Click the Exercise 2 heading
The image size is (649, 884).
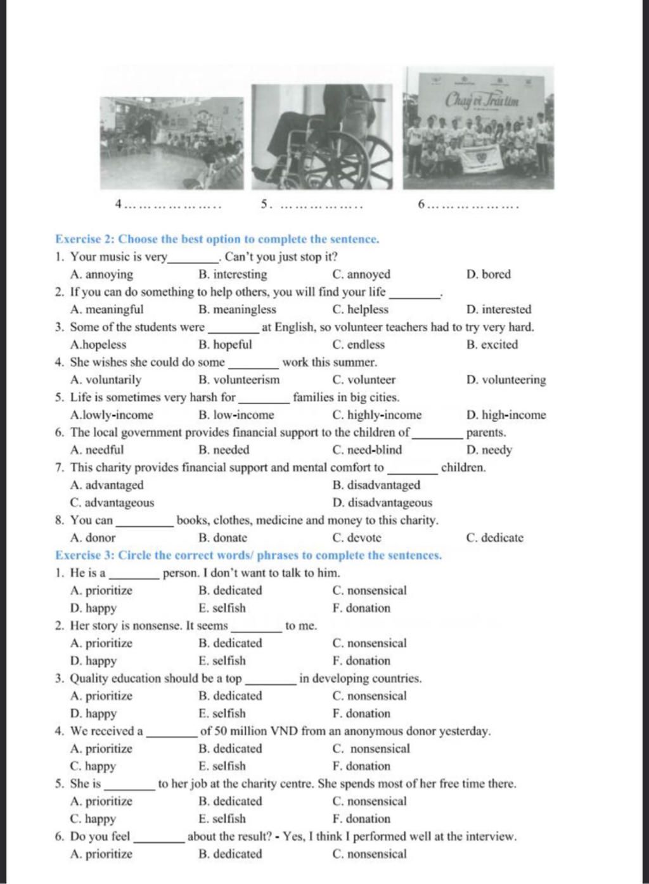tap(217, 239)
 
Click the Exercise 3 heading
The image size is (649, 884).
tap(248, 555)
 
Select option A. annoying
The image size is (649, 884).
tap(102, 275)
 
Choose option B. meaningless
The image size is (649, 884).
tap(237, 310)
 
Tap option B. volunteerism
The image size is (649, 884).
tap(238, 380)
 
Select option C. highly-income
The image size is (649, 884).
tap(376, 415)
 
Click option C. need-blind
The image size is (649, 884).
tap(367, 450)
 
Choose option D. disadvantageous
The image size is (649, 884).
tap(382, 503)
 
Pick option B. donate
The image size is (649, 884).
tap(222, 538)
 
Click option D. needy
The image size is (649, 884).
tap(489, 450)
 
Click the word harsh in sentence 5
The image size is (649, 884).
tap(204, 398)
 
